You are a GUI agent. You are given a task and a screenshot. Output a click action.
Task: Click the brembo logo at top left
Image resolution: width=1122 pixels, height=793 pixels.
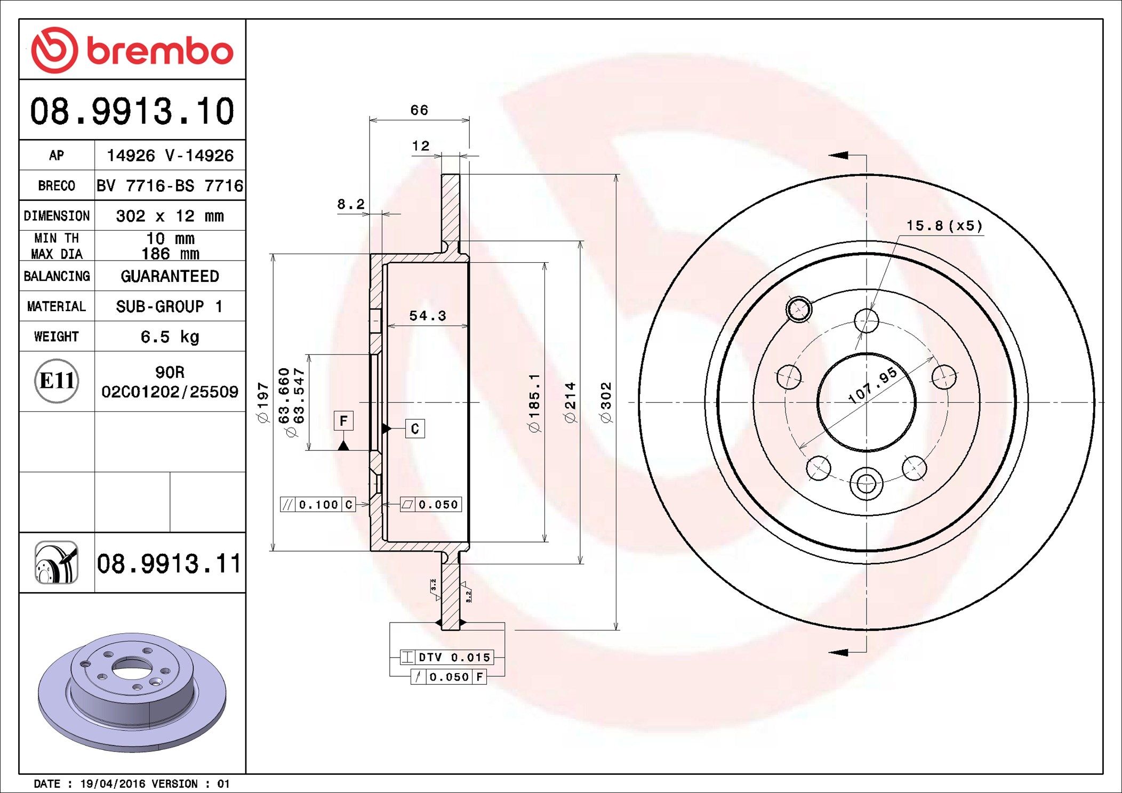(132, 50)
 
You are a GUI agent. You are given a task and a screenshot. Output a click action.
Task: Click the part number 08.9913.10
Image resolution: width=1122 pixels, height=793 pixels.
(132, 111)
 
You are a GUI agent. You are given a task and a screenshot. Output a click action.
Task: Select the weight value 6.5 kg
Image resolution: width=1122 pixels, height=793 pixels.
(170, 337)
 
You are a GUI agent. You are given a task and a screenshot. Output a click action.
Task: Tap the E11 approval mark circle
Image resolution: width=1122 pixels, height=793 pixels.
(57, 381)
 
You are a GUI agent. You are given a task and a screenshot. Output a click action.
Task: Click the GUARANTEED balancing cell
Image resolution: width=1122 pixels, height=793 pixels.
(170, 276)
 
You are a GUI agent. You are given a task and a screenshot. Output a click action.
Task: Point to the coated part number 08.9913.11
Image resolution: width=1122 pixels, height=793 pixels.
(169, 563)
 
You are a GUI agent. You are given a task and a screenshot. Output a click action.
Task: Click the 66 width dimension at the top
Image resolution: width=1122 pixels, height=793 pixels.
(419, 110)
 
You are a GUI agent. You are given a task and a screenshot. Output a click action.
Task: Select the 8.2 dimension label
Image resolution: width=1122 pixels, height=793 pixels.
(350, 204)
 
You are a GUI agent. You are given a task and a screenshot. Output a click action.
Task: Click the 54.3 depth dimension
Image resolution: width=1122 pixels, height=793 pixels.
(428, 316)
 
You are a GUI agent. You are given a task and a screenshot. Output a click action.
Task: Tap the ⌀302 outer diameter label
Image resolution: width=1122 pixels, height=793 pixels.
(606, 402)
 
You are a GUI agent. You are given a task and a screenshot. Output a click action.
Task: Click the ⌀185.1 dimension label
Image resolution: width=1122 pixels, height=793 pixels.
(534, 402)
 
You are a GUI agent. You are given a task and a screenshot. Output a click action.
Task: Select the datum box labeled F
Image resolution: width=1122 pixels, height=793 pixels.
(343, 421)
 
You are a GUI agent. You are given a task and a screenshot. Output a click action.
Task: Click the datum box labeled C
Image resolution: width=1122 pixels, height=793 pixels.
(415, 428)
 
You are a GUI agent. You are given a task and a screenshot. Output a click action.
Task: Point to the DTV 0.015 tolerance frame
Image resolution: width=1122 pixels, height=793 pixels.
(447, 657)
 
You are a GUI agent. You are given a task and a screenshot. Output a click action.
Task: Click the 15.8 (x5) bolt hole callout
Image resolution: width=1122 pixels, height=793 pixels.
(944, 226)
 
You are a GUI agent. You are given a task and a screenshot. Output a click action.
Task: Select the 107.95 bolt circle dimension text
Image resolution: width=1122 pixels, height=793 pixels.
(873, 385)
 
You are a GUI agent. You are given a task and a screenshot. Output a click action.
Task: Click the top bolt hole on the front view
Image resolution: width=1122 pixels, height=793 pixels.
(866, 321)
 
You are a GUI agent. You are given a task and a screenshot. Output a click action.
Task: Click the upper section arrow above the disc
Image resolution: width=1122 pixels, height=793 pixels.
(838, 155)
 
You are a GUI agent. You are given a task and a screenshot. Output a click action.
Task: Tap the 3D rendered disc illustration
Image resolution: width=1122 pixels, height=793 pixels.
(132, 691)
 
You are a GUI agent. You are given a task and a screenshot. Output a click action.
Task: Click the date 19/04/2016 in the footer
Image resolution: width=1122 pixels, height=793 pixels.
(113, 783)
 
